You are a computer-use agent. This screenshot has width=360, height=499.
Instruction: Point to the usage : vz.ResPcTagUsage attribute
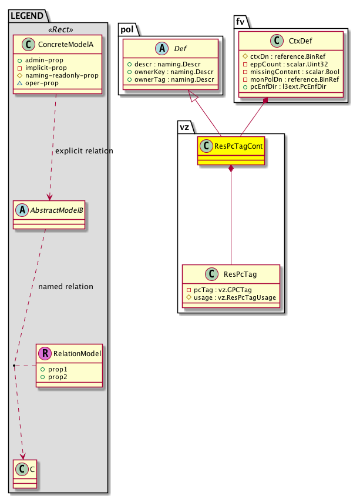pos(234,297)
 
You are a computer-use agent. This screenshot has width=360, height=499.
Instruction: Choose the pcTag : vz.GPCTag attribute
pos(220,290)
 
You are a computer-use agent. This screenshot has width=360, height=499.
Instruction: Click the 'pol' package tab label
pos(127,28)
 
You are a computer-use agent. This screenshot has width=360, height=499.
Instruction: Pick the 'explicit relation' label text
pos(84,151)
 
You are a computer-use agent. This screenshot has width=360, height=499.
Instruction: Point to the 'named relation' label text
pos(65,287)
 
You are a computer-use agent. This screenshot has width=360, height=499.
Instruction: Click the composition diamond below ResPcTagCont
pos(231,169)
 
